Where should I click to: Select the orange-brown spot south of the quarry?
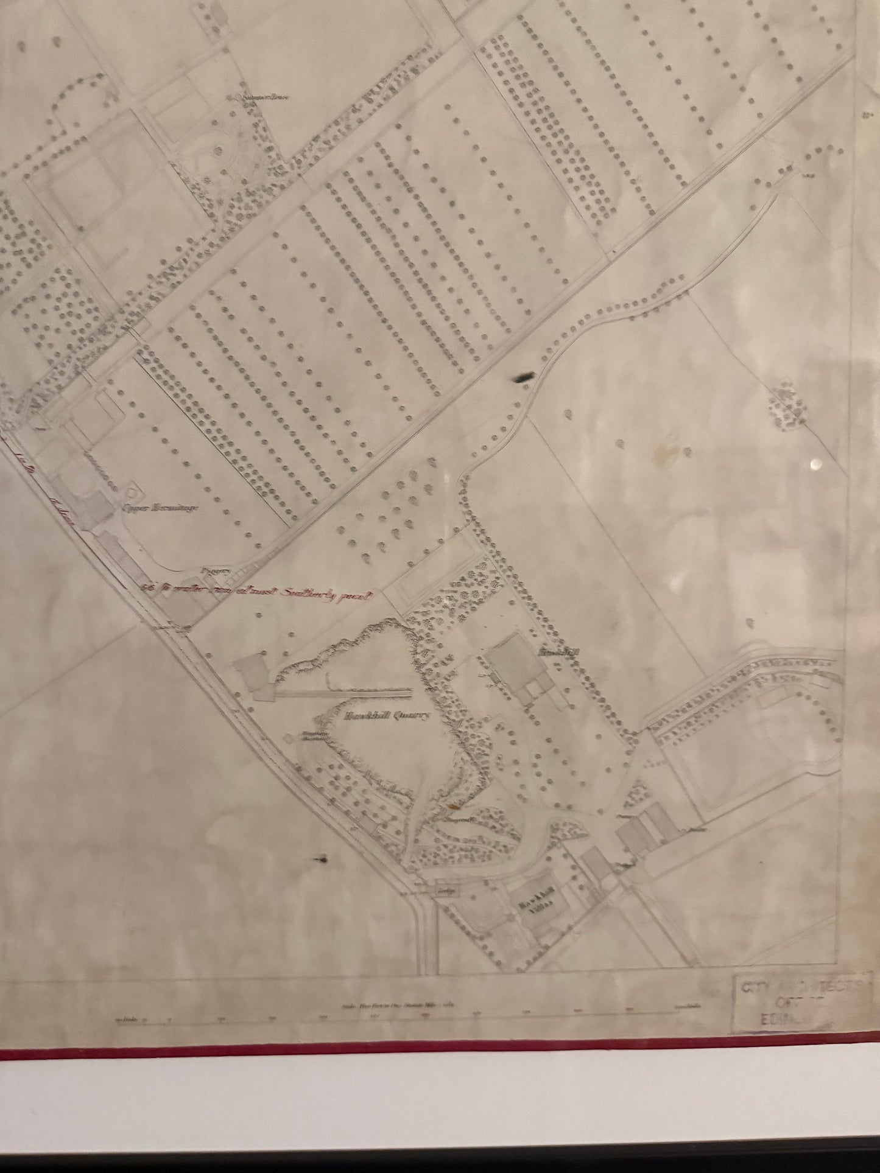(x=453, y=808)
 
